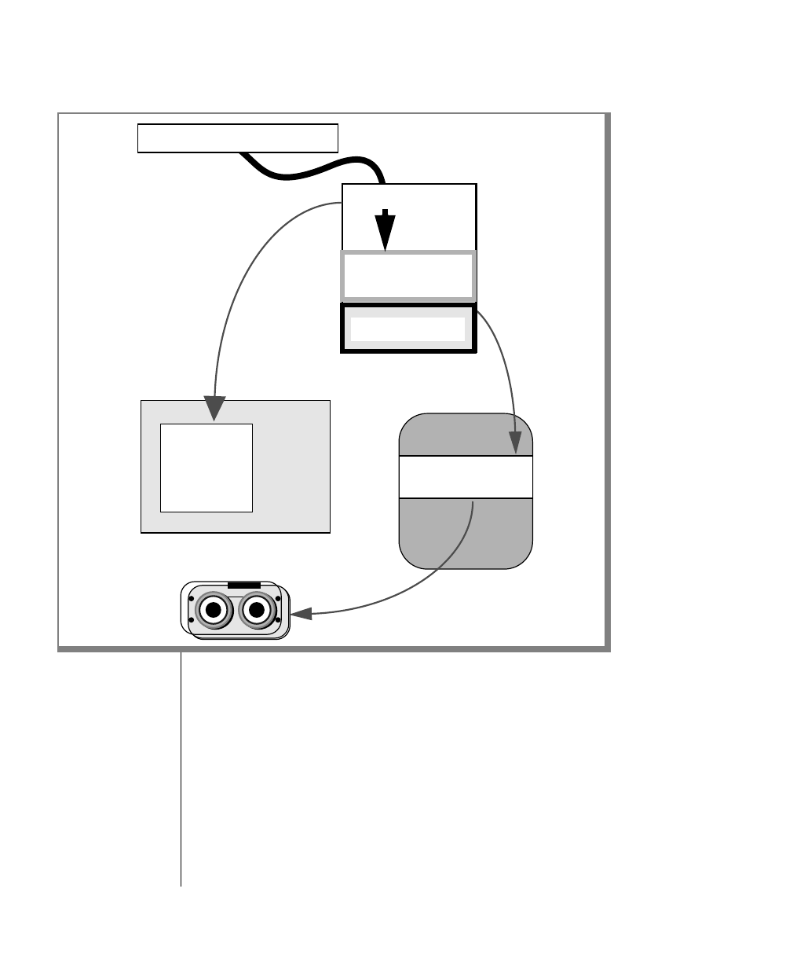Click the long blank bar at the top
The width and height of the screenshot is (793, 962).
[x=237, y=138]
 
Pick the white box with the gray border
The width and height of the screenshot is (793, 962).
[x=408, y=276]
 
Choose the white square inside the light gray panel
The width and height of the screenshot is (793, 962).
[x=206, y=468]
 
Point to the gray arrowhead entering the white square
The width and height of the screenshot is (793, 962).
[x=214, y=408]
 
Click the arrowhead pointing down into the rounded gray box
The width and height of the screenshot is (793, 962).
[x=516, y=442]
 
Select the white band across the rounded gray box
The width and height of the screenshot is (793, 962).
[x=466, y=477]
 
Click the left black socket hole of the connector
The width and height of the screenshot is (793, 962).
[x=213, y=610]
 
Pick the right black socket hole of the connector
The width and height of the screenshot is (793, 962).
[x=256, y=610]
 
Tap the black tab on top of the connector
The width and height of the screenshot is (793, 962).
[x=243, y=585]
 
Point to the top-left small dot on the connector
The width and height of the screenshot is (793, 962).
[x=192, y=598]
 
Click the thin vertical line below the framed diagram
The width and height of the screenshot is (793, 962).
[x=181, y=770]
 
